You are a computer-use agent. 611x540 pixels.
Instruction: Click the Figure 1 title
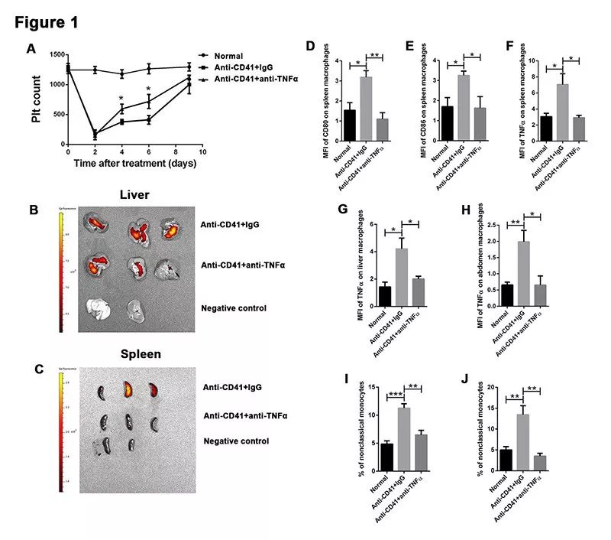[x=47, y=22]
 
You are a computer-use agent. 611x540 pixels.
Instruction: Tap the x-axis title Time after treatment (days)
[x=135, y=163]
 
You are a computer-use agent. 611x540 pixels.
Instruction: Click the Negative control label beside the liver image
[x=234, y=307]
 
